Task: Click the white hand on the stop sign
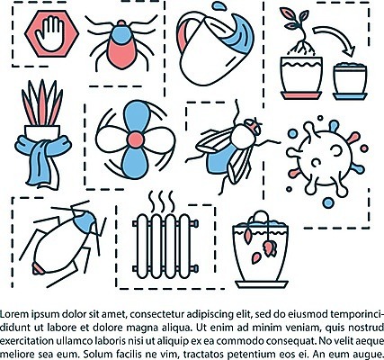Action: (50, 33)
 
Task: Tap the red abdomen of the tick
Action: (122, 54)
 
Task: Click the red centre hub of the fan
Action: (136, 139)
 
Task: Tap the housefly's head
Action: (253, 127)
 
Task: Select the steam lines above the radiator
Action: (162, 202)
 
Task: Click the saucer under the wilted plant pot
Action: (262, 284)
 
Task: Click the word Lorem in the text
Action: (14, 314)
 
